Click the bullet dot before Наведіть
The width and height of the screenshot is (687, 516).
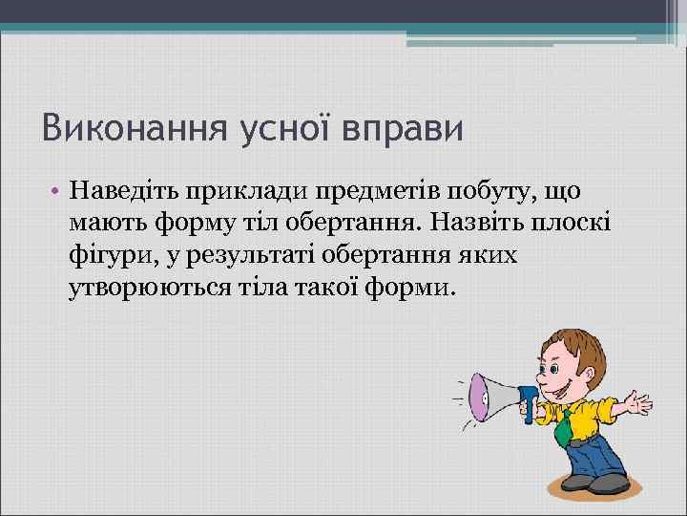click(57, 193)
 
